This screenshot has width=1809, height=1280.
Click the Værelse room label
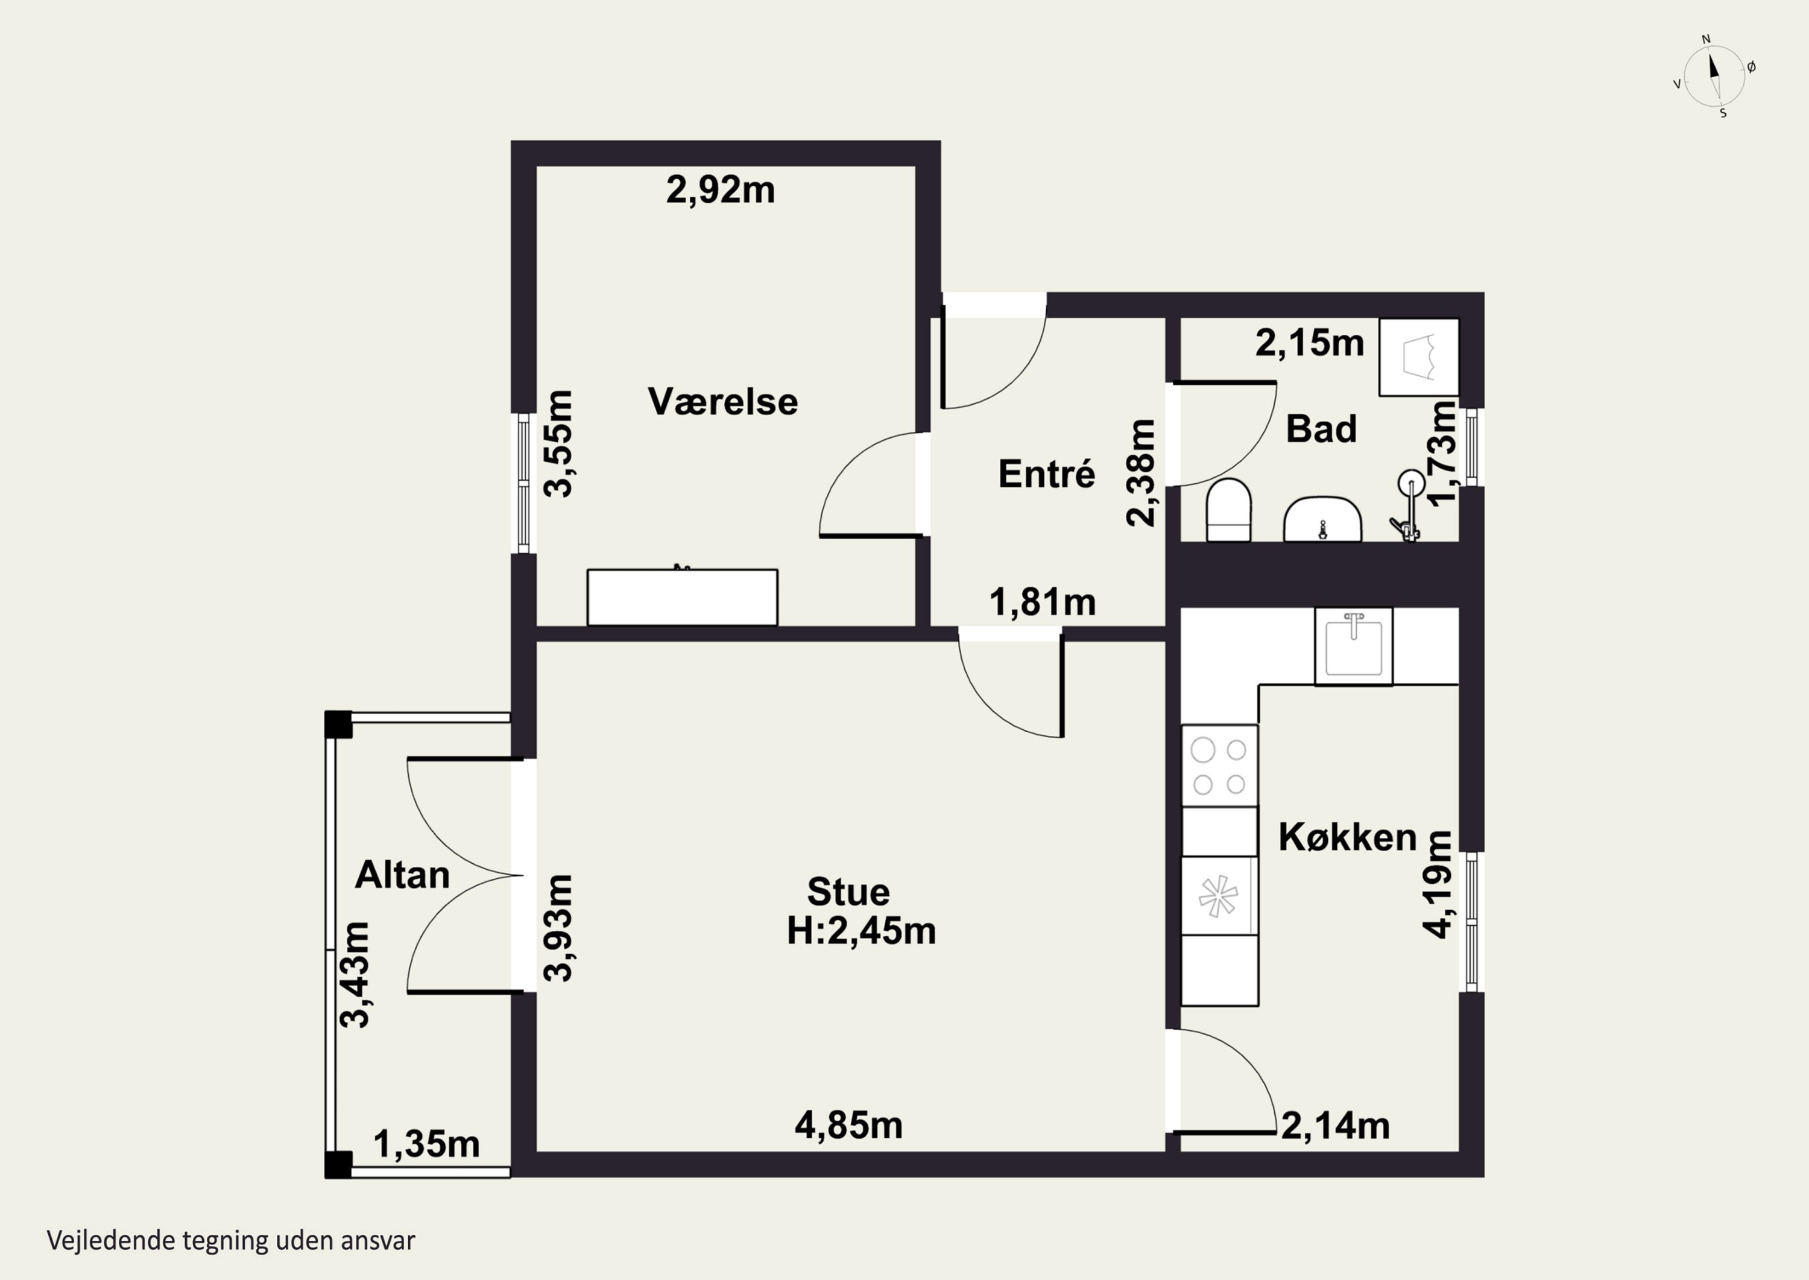tap(722, 401)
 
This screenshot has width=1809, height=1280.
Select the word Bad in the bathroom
tap(1321, 429)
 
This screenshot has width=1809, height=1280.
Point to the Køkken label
tap(1347, 837)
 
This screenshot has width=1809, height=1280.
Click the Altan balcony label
tap(402, 875)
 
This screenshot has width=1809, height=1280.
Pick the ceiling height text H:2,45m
tap(861, 931)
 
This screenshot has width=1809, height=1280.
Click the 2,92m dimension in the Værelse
tap(720, 190)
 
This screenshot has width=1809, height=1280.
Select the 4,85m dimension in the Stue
tap(848, 1126)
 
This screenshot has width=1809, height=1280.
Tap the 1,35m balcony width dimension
tap(426, 1144)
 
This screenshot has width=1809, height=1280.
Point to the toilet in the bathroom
tap(1229, 510)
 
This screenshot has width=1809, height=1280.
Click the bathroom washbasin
tap(1323, 519)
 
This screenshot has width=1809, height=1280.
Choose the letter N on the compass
tap(1706, 39)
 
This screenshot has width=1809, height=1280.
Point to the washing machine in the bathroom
tap(1418, 357)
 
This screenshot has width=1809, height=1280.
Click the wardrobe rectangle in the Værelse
tap(683, 597)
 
